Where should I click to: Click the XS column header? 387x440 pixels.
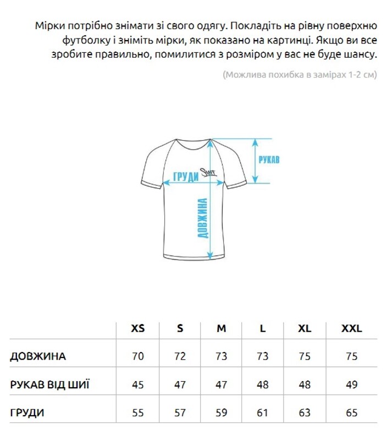(138, 328)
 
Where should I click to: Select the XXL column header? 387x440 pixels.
(352, 328)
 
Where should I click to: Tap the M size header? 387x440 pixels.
(222, 328)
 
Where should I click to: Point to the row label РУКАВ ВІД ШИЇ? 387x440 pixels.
(50, 384)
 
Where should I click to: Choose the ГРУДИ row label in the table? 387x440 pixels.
(27, 413)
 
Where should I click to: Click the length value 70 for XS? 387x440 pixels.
(138, 356)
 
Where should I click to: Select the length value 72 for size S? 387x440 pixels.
(180, 356)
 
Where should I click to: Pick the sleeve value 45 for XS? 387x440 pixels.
(138, 384)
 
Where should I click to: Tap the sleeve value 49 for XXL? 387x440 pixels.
(352, 384)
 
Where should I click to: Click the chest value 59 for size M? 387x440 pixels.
(222, 413)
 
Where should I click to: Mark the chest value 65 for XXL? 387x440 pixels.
(352, 413)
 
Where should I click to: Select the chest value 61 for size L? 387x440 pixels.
(263, 413)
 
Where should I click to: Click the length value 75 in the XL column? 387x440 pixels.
(305, 356)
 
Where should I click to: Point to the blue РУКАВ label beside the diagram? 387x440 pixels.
(269, 159)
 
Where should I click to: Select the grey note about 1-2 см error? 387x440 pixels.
(300, 75)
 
